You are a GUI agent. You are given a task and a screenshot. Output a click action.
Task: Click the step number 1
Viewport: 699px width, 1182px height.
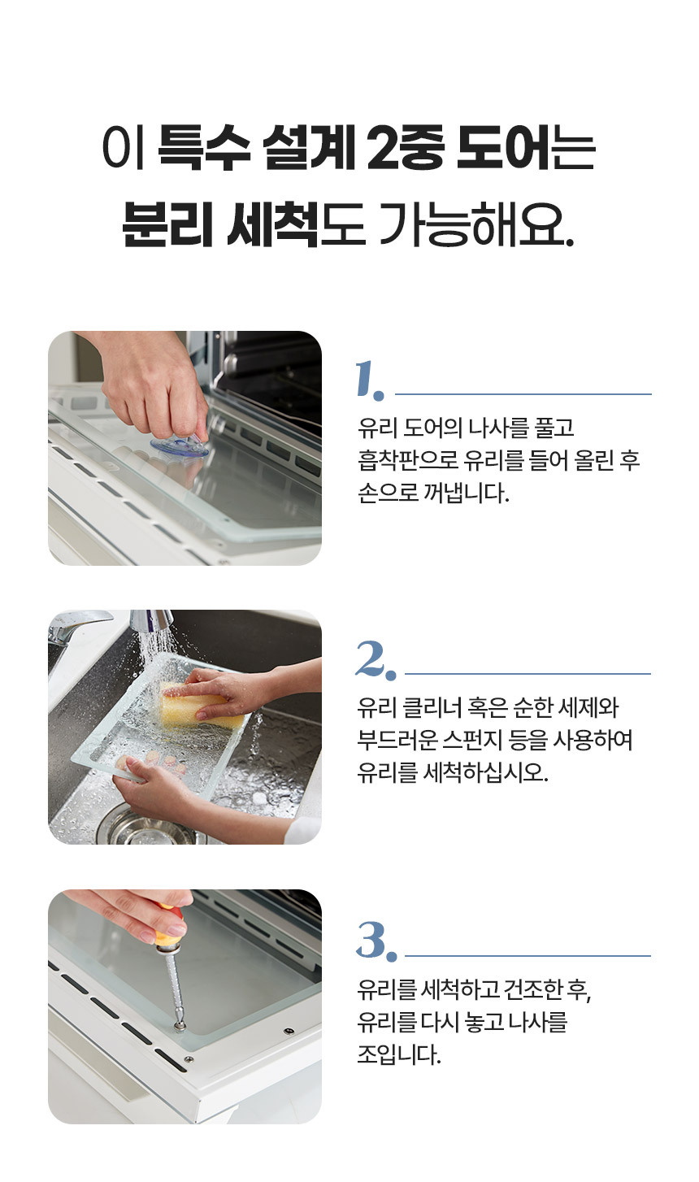click(x=370, y=379)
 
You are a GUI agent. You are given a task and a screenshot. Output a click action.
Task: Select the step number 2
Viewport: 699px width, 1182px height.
click(x=375, y=659)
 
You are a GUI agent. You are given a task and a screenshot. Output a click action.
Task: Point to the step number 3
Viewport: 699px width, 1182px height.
click(x=376, y=941)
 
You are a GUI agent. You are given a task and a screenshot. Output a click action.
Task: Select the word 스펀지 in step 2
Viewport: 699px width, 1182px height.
click(x=471, y=739)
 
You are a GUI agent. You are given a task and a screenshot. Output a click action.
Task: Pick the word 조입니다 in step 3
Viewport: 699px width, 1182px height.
click(x=398, y=1054)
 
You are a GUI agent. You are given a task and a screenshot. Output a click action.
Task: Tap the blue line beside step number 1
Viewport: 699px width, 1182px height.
click(x=523, y=393)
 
